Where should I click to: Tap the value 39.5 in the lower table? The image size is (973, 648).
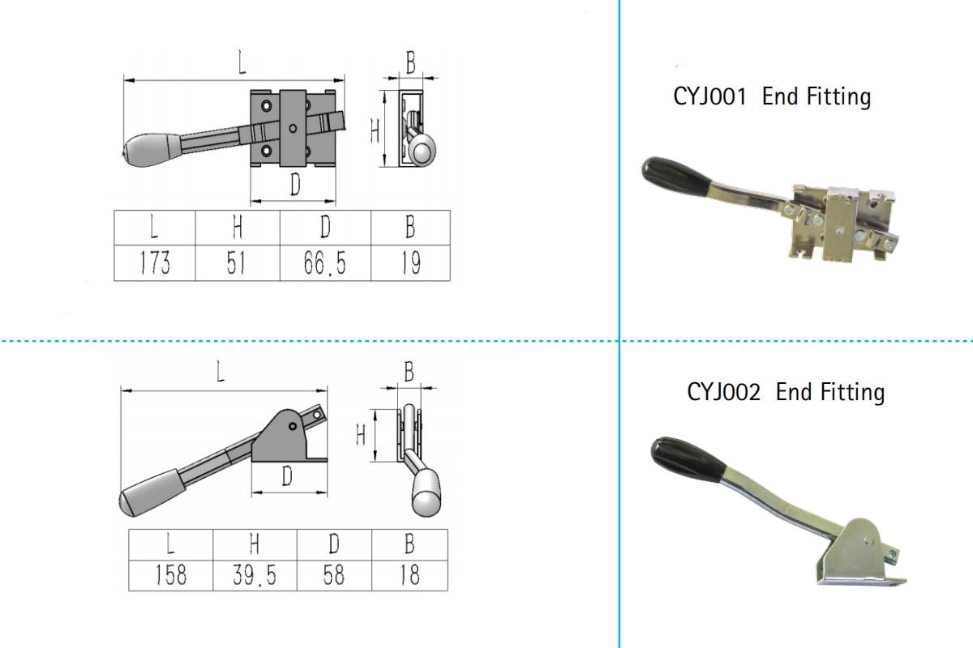point(255,575)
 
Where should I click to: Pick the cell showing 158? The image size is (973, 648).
point(170,575)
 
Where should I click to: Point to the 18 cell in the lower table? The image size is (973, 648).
point(409,575)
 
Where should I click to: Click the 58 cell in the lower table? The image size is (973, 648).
point(333,575)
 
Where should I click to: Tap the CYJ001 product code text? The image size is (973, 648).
point(709,96)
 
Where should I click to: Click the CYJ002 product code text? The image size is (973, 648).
point(723,392)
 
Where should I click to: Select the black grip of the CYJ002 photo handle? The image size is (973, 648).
point(688,458)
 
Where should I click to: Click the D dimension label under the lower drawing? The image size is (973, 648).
point(286,477)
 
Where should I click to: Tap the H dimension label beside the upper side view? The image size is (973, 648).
point(375,130)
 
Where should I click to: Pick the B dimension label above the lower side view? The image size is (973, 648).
point(409,373)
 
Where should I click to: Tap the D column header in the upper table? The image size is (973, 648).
point(324,228)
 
